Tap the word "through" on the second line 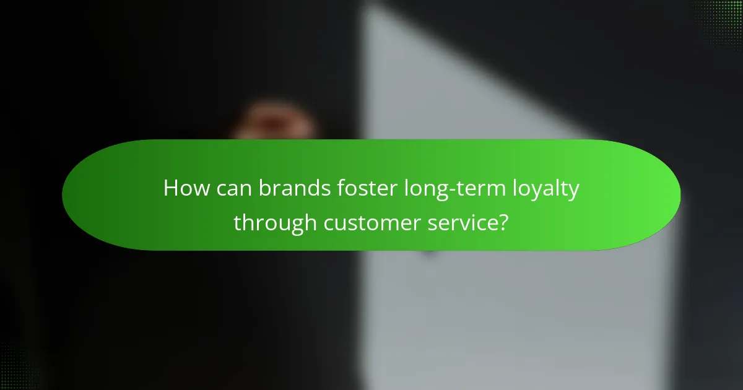[274, 223]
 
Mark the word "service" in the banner [462, 223]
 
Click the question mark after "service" [503, 223]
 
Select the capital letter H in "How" [170, 189]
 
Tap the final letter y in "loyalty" [573, 192]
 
